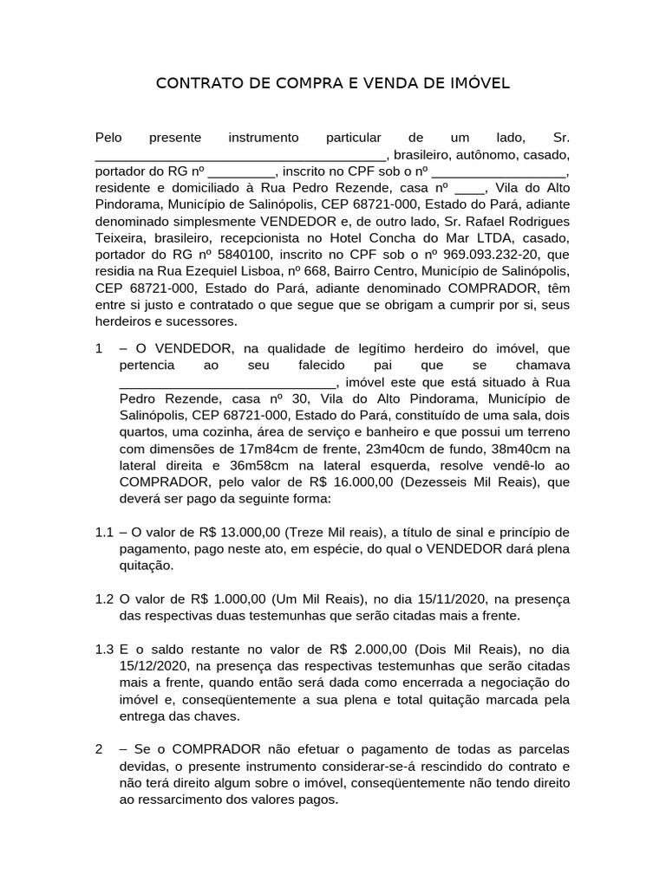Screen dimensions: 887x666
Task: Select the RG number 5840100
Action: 221,255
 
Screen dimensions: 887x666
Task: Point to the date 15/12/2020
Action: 154,665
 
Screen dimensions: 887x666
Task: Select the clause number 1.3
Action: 104,649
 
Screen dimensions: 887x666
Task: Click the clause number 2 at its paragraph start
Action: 99,748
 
